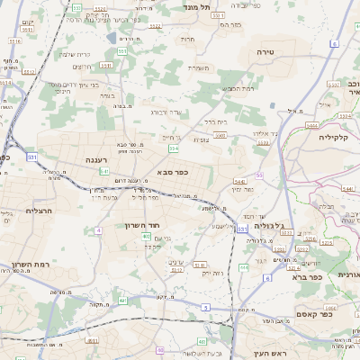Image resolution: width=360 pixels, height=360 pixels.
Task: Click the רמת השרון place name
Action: tap(31, 265)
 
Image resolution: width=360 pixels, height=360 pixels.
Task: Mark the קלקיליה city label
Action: tap(338, 138)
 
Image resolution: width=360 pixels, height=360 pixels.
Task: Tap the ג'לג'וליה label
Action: tap(269, 227)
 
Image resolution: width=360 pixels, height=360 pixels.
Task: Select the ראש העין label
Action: tap(268, 352)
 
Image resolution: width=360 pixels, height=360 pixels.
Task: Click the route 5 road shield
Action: tap(206, 308)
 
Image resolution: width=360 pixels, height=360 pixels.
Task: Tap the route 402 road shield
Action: tap(146, 236)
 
